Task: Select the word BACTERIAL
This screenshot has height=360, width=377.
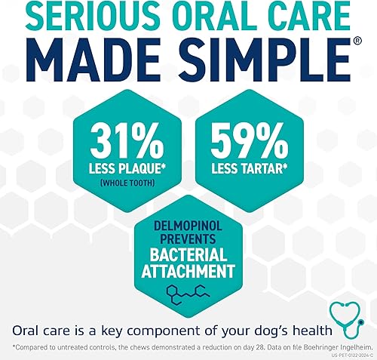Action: [x=188, y=255]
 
